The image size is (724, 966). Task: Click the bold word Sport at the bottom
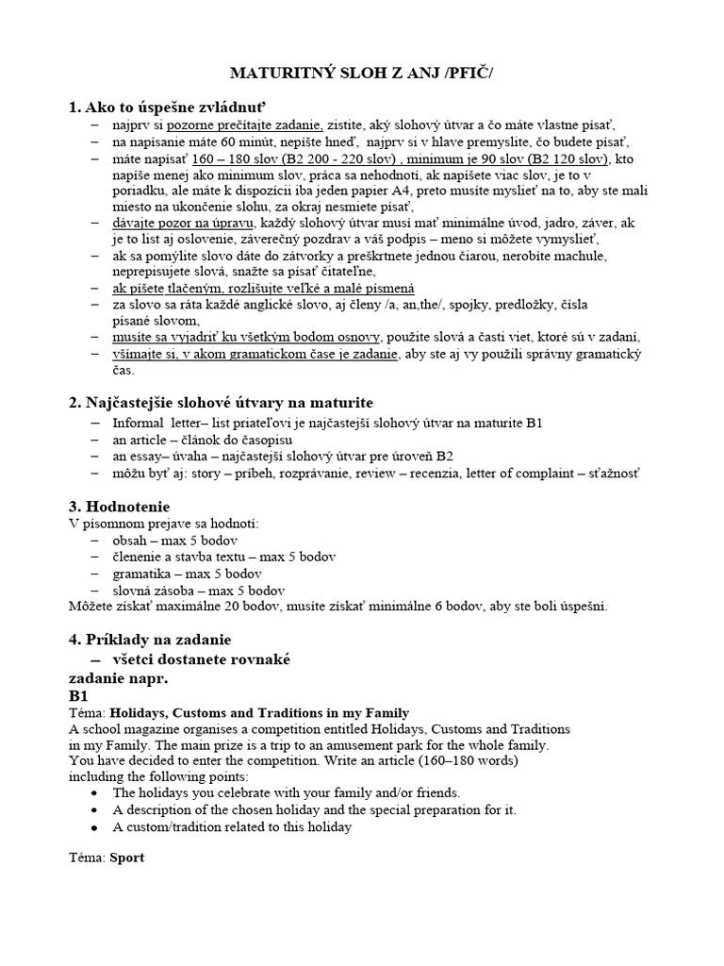tap(127, 858)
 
